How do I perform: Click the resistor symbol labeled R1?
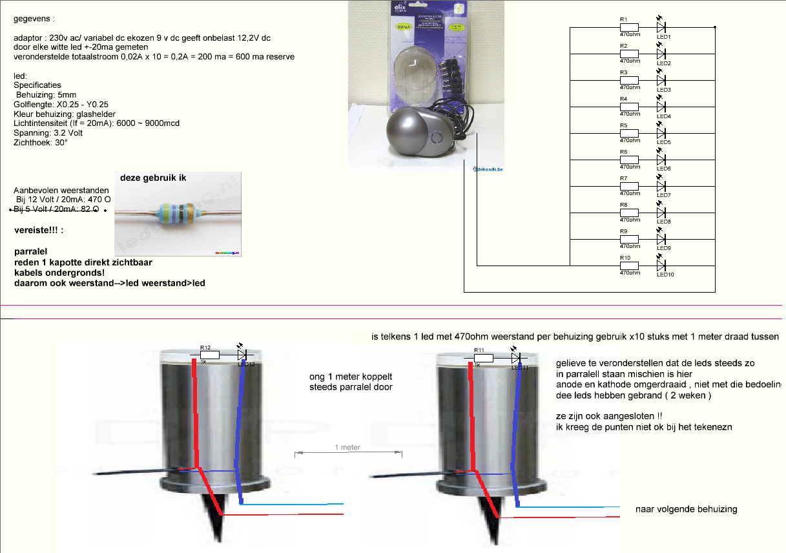point(629,27)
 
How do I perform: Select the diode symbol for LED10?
point(661,266)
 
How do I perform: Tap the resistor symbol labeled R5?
point(629,133)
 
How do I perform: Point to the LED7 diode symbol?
point(661,186)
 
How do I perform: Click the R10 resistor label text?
point(625,258)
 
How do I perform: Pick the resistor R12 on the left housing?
point(209,355)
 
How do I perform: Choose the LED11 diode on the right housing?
point(515,357)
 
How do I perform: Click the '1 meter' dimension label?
point(347,447)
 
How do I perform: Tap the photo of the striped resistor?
point(178,213)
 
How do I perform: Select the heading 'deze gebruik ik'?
point(153,178)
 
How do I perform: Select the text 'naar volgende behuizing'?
point(686,509)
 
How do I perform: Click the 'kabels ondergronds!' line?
point(60,273)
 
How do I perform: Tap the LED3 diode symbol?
point(661,80)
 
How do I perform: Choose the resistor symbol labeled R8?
point(629,213)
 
